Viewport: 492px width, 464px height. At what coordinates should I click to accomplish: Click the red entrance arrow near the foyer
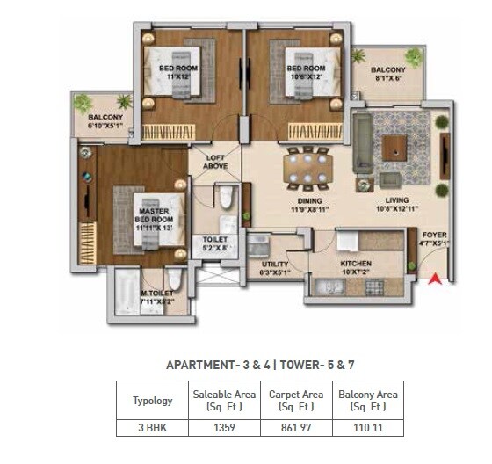pyautogui.click(x=433, y=281)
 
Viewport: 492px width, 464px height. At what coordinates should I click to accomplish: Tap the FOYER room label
pyautogui.click(x=434, y=236)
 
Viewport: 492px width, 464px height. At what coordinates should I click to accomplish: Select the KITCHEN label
pyautogui.click(x=356, y=264)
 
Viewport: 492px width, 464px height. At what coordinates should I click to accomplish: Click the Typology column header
pyautogui.click(x=152, y=401)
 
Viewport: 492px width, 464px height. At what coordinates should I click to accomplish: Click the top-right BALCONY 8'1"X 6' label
pyautogui.click(x=387, y=74)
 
